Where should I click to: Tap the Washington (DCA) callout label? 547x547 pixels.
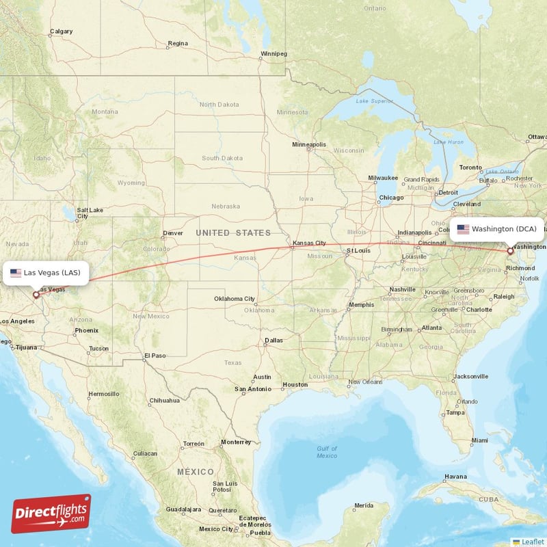pos(497,229)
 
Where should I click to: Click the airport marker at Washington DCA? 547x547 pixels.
pos(510,252)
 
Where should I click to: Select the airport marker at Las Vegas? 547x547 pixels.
pos(36,295)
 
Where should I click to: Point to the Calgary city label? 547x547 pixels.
pos(61,31)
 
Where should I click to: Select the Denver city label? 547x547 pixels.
pos(173,232)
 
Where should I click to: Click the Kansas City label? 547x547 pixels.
pos(309,243)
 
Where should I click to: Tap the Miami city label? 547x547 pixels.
pos(479,440)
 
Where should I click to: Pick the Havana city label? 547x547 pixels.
pos(455,477)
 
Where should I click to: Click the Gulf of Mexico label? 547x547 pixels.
pos(327,451)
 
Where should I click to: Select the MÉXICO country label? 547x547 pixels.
pos(196,472)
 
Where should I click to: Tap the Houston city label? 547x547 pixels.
pos(295,384)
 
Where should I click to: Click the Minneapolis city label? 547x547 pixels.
pos(309,145)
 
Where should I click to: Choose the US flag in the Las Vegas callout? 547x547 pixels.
pos(16,273)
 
